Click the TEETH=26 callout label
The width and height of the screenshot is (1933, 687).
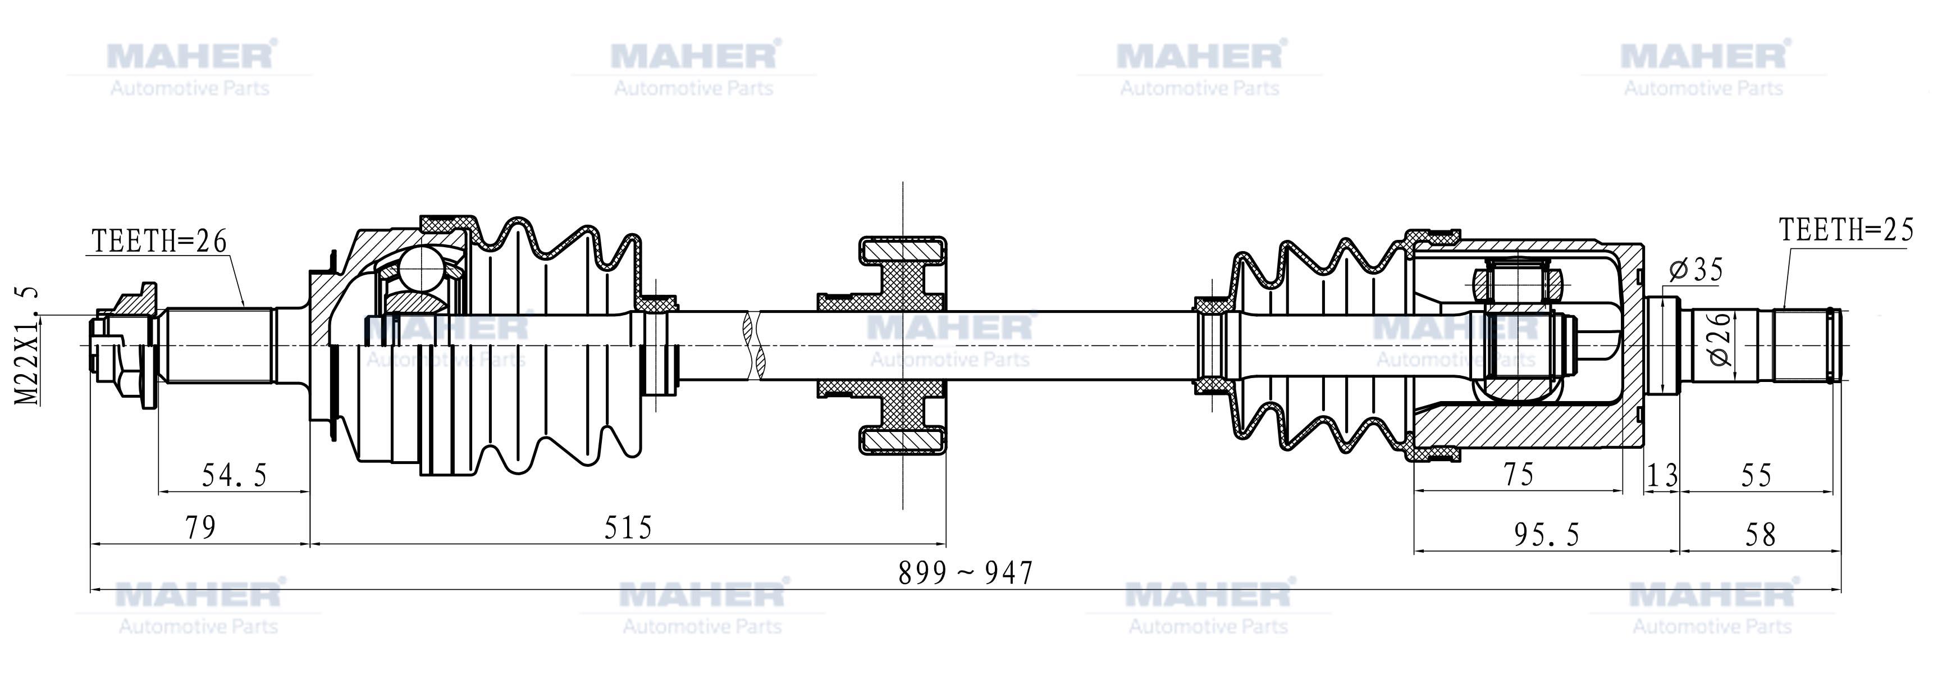pyautogui.click(x=159, y=241)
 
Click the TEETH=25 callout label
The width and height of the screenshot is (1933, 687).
pyautogui.click(x=1846, y=230)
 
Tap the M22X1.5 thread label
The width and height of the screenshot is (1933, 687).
pyautogui.click(x=29, y=346)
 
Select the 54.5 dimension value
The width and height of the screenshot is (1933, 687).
pyautogui.click(x=234, y=475)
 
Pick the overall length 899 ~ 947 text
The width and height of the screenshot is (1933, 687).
pyautogui.click(x=966, y=574)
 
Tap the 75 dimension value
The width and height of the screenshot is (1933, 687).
pyautogui.click(x=1518, y=475)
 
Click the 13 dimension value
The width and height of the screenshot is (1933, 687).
pyautogui.click(x=1661, y=475)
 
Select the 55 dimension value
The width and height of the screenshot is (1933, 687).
pyautogui.click(x=1756, y=475)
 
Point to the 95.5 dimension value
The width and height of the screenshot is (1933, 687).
pyautogui.click(x=1547, y=535)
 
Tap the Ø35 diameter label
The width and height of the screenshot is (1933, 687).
pyautogui.click(x=1695, y=270)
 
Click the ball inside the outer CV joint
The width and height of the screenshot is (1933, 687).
pyautogui.click(x=421, y=266)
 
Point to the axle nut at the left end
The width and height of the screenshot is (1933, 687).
pyautogui.click(x=124, y=346)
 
